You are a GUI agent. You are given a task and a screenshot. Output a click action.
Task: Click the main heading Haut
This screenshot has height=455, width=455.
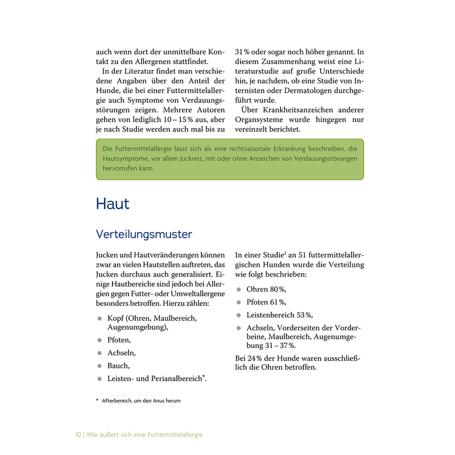point(113,204)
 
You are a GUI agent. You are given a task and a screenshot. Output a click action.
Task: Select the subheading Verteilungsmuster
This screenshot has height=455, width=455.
point(144,234)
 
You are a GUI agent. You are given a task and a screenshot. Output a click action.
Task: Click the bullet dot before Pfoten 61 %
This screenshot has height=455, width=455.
point(239,302)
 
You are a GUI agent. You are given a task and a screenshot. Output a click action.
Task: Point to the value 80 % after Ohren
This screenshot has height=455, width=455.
point(278,289)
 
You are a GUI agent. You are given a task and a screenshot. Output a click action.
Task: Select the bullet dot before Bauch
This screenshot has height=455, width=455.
point(100,366)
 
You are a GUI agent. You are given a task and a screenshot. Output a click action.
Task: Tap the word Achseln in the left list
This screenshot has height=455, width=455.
point(121,353)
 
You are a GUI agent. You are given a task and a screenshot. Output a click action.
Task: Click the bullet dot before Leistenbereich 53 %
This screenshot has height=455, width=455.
point(239,315)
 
